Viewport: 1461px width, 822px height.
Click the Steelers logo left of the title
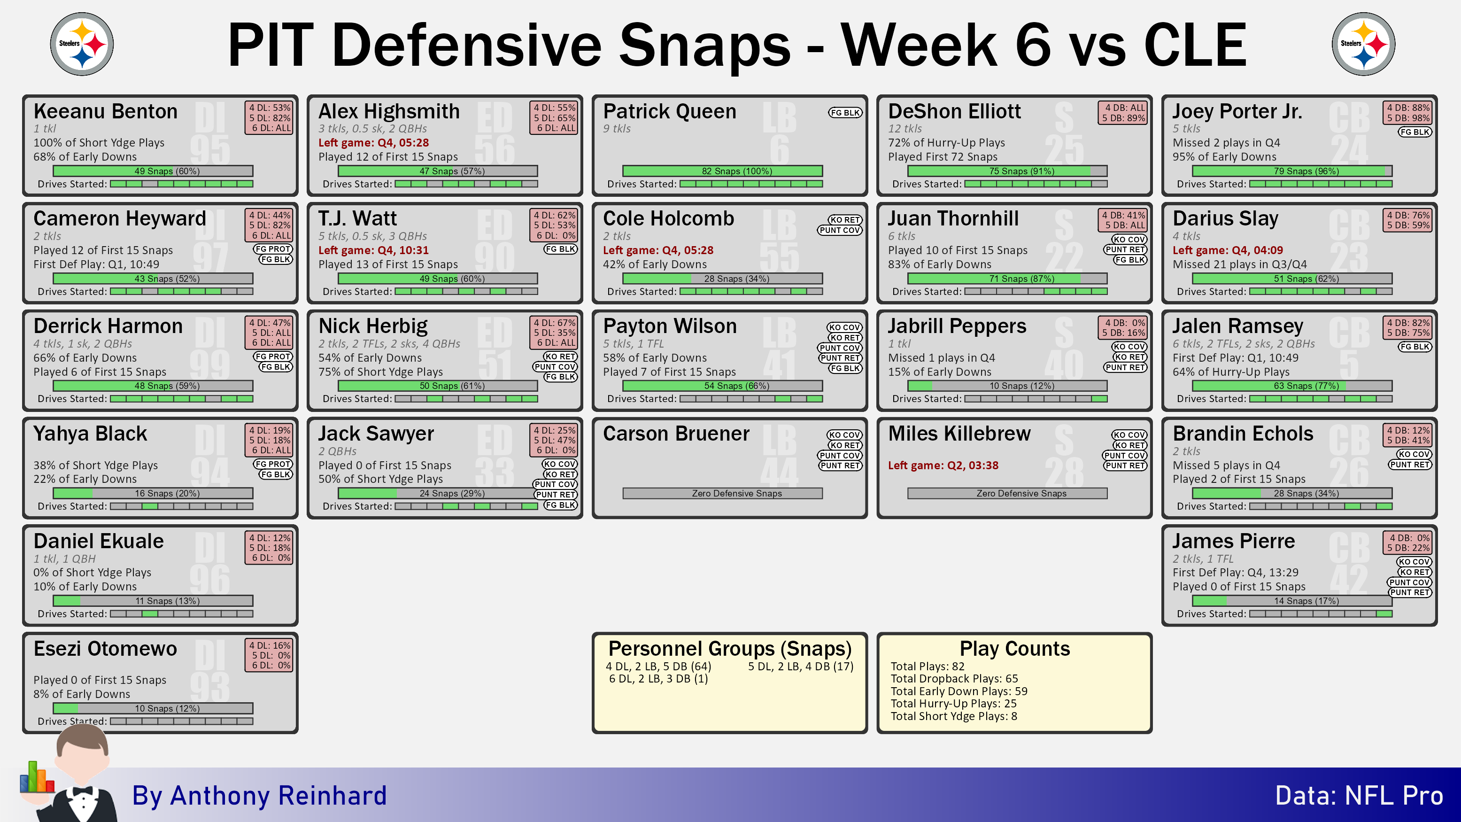(82, 44)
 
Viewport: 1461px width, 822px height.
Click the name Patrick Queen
(669, 111)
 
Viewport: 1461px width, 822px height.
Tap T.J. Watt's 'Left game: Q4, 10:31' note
(373, 250)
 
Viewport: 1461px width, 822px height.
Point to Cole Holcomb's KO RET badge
(844, 219)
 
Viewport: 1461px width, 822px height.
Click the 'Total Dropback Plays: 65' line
(954, 678)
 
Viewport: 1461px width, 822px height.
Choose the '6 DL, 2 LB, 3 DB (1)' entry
(658, 678)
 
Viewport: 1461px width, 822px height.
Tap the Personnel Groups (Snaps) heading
(730, 648)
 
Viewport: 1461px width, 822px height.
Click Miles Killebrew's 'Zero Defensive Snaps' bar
(1007, 494)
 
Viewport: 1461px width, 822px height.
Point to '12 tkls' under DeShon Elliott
(904, 129)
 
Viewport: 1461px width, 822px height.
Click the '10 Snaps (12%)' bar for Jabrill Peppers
(1007, 386)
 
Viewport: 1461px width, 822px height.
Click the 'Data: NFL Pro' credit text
(1359, 796)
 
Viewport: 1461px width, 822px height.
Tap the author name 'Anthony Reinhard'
(278, 796)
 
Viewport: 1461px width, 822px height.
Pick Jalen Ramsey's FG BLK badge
(1415, 347)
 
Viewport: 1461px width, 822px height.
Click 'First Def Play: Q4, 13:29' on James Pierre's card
(1235, 573)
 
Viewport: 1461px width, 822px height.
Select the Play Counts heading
(1015, 648)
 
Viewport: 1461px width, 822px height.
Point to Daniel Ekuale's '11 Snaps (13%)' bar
(153, 601)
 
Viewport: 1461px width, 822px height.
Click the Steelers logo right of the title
(1363, 44)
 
